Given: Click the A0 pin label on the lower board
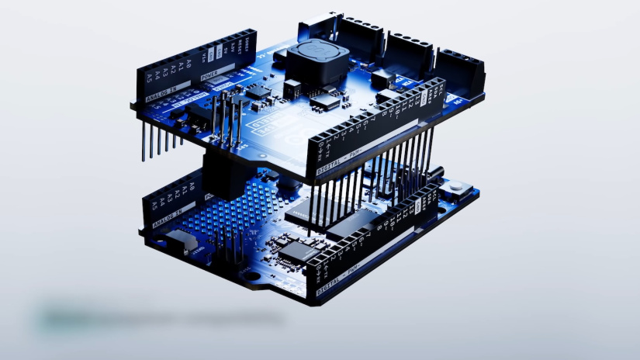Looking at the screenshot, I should click(x=191, y=186).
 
